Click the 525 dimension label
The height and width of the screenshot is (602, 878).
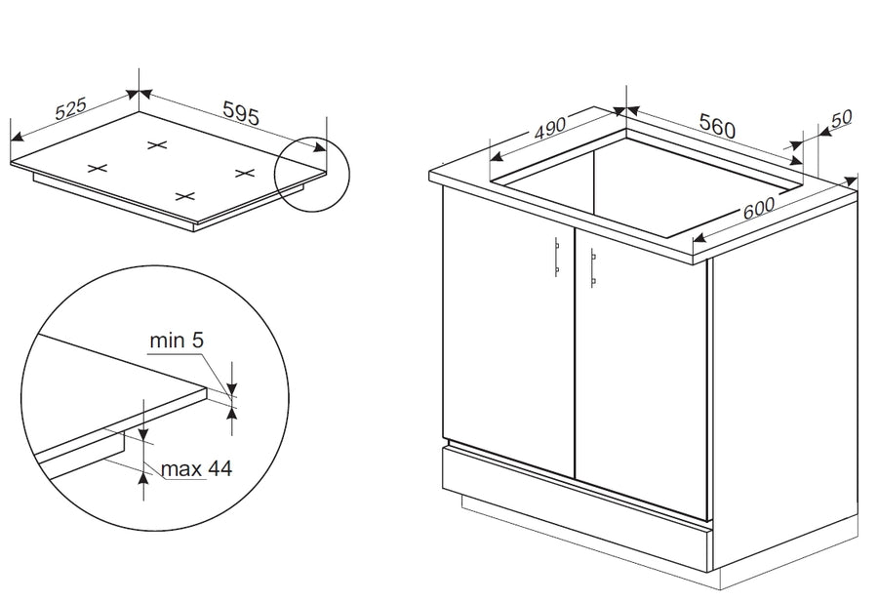pos(71,108)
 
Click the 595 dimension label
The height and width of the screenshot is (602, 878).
pos(241,113)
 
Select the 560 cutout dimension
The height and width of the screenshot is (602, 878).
pos(717,126)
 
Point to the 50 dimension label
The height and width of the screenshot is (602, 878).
pos(842,118)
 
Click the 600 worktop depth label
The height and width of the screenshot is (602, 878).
pos(759,208)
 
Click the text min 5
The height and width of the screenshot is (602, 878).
pos(177,340)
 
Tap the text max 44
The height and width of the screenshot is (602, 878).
pos(196,468)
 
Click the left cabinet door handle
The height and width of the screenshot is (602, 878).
pos(557,257)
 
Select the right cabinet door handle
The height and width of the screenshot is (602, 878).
pos(592,267)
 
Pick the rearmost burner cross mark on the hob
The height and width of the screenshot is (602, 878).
pos(157,145)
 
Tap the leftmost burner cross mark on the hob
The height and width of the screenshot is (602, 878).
pos(97,168)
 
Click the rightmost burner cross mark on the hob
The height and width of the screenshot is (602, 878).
pos(245,173)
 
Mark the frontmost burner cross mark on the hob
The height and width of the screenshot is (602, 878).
pos(184,196)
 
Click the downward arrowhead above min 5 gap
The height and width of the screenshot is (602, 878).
pos(232,388)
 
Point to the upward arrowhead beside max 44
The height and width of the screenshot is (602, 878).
pos(144,478)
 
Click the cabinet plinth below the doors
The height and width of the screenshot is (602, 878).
pos(577,508)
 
